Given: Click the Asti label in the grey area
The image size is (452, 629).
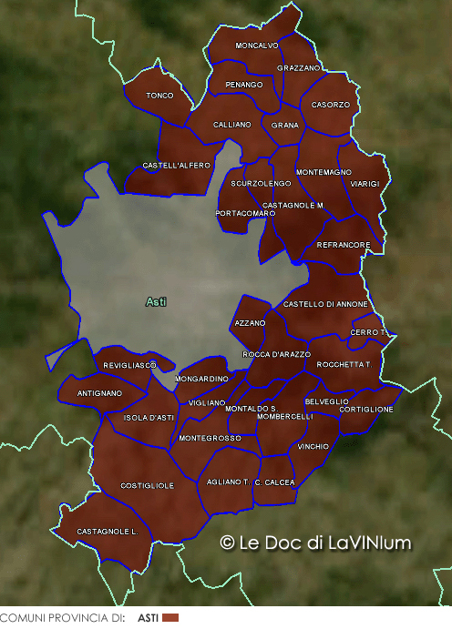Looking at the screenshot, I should (x=157, y=301).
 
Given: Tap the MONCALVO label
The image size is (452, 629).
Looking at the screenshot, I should (x=257, y=46).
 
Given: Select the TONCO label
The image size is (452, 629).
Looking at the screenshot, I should (x=159, y=96).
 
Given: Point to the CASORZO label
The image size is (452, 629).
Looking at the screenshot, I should (x=330, y=105).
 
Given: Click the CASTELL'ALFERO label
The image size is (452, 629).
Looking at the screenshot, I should (x=177, y=166).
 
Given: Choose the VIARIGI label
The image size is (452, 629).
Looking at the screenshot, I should (x=365, y=184).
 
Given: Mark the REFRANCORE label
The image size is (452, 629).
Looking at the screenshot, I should (x=344, y=245).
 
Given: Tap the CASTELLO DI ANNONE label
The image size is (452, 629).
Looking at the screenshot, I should (x=326, y=304).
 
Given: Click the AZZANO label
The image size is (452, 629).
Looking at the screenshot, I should (x=250, y=323).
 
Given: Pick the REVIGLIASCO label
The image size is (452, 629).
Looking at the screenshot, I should (x=130, y=365).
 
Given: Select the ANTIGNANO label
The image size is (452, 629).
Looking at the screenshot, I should (x=99, y=393).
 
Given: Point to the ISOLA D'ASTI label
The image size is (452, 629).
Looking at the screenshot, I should (x=149, y=418).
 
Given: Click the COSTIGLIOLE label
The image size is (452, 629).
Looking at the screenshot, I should (x=148, y=486).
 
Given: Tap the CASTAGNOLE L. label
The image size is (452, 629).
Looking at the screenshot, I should (x=107, y=531).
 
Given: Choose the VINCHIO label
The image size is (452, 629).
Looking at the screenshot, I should (x=313, y=447).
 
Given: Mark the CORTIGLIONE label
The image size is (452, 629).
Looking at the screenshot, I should (x=366, y=410).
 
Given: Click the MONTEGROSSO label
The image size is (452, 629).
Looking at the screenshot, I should (x=211, y=439).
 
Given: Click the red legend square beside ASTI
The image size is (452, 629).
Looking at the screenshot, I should (x=169, y=618).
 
